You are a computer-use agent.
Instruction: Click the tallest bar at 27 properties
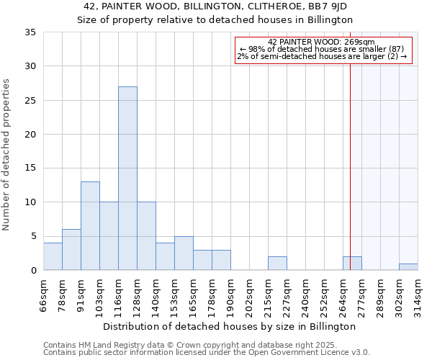click(x=127, y=179)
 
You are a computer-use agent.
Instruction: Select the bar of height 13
click(x=90, y=226)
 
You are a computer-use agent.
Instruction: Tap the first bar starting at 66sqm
click(x=53, y=256)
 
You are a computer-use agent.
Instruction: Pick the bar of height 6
click(x=71, y=250)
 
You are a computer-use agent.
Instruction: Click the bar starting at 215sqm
click(x=277, y=264)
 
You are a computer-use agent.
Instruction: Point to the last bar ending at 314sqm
click(x=408, y=267)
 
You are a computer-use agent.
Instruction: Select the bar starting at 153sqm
click(x=184, y=253)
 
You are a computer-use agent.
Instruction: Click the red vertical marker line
click(x=350, y=158)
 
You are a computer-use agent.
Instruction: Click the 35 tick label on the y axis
click(x=30, y=32)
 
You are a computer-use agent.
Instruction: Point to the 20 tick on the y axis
click(x=30, y=135)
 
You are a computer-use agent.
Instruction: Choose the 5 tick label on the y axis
click(x=33, y=236)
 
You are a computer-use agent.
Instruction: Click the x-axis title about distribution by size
click(x=230, y=326)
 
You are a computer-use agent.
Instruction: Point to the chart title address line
click(x=216, y=6)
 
